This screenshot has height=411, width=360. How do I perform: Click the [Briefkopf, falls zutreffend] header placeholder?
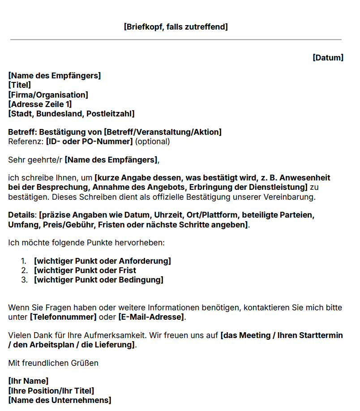point(176,27)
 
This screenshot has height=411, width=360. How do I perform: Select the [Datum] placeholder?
point(328,58)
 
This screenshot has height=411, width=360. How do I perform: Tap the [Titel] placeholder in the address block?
point(20,85)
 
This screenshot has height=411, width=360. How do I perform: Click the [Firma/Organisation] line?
point(48,95)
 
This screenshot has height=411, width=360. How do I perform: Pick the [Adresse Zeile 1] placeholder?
point(40,104)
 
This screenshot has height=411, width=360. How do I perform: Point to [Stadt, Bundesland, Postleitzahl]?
point(71,114)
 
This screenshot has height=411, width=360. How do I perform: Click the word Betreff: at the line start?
point(23,132)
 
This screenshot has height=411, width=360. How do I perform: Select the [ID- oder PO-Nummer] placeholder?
point(90,141)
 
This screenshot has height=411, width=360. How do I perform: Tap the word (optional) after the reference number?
point(153,141)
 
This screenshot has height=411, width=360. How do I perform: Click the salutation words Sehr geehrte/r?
point(35,160)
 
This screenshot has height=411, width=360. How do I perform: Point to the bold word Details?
point(21,215)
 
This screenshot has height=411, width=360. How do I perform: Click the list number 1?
point(24,261)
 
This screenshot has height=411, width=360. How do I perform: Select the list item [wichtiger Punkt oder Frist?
point(85,270)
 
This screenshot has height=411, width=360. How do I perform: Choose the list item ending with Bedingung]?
point(99,280)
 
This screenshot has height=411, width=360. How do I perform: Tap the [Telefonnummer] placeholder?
point(63,317)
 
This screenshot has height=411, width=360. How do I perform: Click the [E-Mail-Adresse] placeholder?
point(151,317)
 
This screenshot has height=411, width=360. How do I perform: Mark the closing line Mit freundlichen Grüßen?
point(53,363)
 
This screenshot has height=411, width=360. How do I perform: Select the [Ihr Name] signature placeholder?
point(28,381)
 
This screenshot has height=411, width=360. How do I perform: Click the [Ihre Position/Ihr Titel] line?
point(51,390)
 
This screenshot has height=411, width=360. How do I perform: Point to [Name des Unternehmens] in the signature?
point(60,400)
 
